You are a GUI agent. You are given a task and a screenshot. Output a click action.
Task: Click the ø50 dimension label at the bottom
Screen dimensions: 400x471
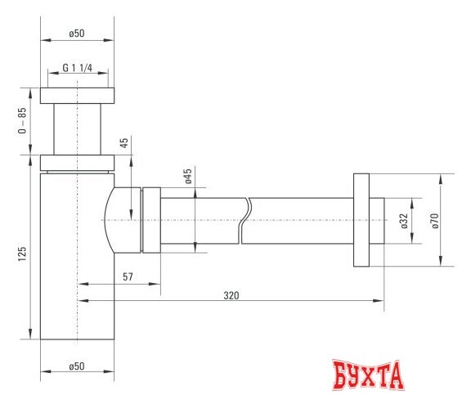coord(77,366)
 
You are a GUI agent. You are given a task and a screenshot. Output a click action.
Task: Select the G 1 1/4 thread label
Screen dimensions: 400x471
coord(78,69)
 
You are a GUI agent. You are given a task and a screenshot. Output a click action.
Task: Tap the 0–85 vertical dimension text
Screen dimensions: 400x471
coord(23,120)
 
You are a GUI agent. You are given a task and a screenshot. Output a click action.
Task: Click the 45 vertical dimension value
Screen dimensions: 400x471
coord(123,143)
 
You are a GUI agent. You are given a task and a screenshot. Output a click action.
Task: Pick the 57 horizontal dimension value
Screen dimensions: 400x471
coord(128,276)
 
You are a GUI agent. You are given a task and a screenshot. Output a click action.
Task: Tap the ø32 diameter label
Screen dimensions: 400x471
coord(404,221)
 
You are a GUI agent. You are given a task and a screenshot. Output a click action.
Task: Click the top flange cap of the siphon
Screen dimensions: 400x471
coord(78,95)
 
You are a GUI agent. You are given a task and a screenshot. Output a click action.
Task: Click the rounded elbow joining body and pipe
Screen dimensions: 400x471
coord(122,219)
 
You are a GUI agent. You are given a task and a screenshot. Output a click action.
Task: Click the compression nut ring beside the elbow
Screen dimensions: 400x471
coord(151,219)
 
